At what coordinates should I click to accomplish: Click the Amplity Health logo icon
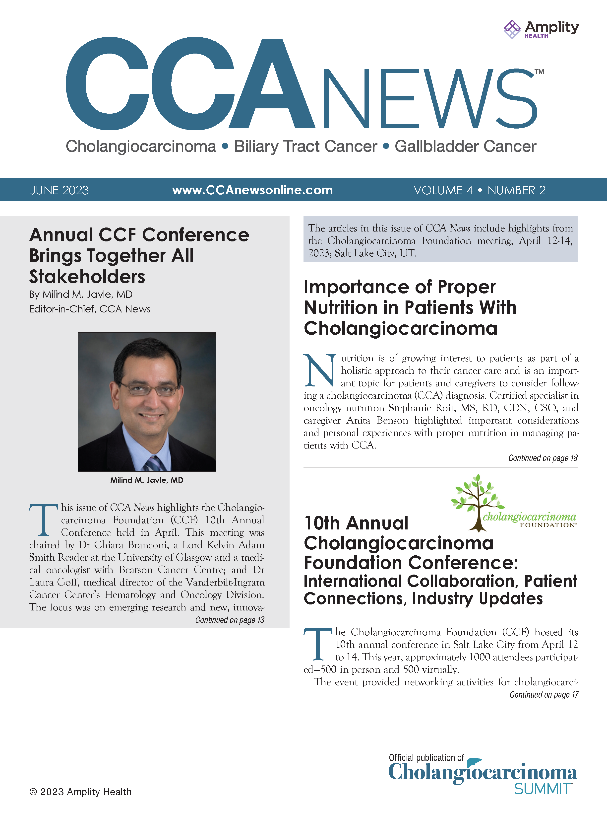point(512,29)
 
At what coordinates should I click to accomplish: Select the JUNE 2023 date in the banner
point(60,190)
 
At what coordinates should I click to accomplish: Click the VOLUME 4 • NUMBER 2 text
point(479,190)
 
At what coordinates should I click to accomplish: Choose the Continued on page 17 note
point(544,695)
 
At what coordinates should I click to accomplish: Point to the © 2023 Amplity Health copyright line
point(80,792)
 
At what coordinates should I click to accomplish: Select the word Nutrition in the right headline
point(340,308)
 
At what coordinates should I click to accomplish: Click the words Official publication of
point(426,757)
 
